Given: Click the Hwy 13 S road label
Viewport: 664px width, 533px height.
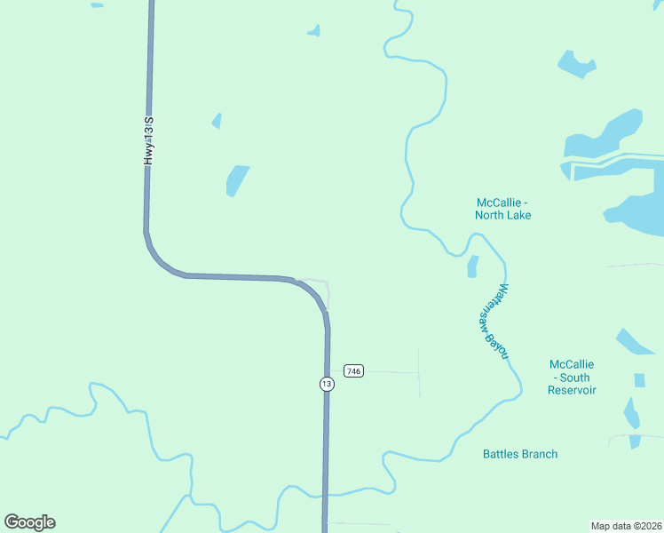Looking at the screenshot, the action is (x=149, y=139).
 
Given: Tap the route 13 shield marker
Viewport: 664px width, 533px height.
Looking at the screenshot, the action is (x=327, y=384).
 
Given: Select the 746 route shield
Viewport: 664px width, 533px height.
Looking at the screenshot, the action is (x=353, y=370).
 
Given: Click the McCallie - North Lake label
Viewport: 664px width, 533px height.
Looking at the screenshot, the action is (x=502, y=209).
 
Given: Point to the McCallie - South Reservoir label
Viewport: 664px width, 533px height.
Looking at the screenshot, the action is (x=572, y=378).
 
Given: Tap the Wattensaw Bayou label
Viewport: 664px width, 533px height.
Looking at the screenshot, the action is (x=491, y=322).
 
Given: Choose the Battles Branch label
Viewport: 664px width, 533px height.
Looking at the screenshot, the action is (x=520, y=454).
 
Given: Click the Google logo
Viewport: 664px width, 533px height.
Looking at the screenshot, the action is (x=29, y=522).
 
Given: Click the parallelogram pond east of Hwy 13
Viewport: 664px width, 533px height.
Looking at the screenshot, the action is (x=237, y=179).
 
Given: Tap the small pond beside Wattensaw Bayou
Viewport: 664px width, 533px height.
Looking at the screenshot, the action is (x=472, y=266).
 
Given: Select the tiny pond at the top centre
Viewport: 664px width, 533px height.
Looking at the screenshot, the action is (x=314, y=31).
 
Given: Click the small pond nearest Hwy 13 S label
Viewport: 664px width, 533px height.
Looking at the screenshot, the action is (x=217, y=121).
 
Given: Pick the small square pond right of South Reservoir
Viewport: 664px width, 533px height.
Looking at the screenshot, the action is (x=639, y=380).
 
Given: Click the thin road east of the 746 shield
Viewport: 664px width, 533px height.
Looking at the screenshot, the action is (x=391, y=372).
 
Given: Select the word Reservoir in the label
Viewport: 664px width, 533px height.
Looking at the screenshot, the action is (x=572, y=390).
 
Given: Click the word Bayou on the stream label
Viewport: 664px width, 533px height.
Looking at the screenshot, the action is (x=498, y=343).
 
